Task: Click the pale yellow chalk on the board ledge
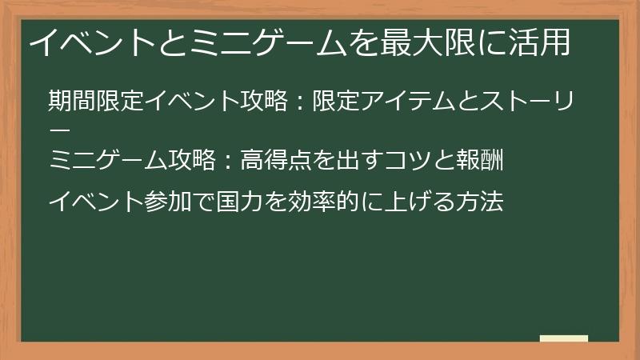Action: (x=563, y=338)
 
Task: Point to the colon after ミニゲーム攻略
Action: (x=225, y=161)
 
